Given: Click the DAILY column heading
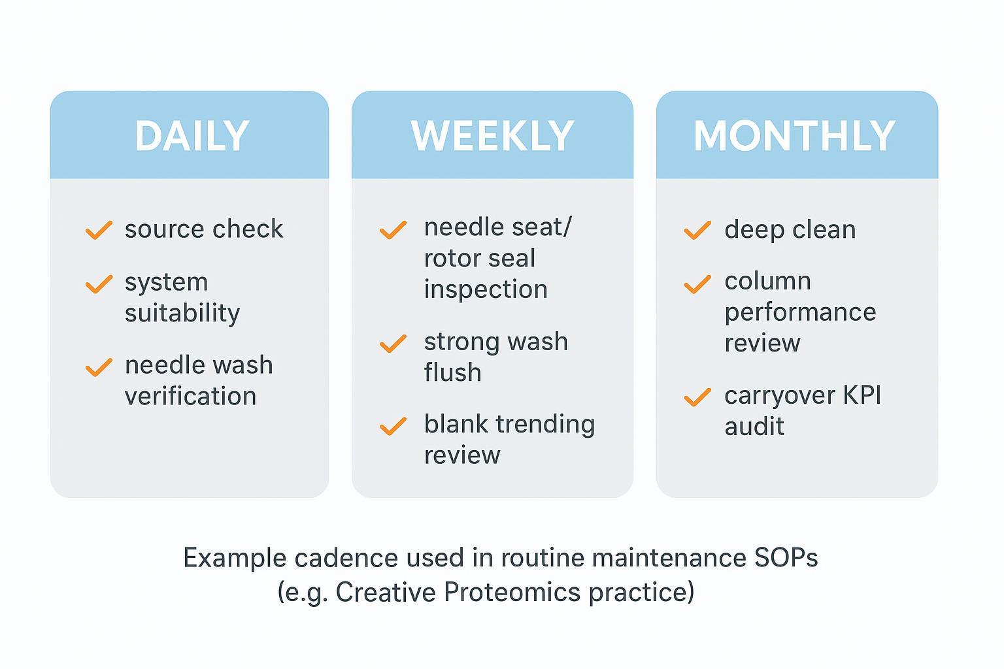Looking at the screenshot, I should point(192,136).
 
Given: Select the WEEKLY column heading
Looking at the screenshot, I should point(492,136).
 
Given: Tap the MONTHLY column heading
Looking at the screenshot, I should point(794,136).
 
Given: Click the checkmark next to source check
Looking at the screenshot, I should point(99,230).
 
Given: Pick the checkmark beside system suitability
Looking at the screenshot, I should point(99,284).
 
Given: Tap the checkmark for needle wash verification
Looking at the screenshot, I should point(99,367).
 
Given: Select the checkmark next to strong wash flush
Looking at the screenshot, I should point(393,344).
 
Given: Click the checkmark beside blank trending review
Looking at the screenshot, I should point(393,426).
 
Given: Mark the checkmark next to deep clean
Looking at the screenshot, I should point(697,230).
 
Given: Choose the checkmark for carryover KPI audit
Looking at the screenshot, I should point(697,397).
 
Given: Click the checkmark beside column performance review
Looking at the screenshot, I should point(697,284).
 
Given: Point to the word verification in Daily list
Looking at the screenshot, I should point(190,396).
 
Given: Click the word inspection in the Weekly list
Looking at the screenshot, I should point(486,289).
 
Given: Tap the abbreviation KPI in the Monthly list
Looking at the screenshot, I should point(862,395).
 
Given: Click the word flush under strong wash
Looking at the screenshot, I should point(452,372).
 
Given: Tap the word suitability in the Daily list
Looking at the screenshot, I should point(182,314).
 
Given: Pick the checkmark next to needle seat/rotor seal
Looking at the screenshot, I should point(393,230).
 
